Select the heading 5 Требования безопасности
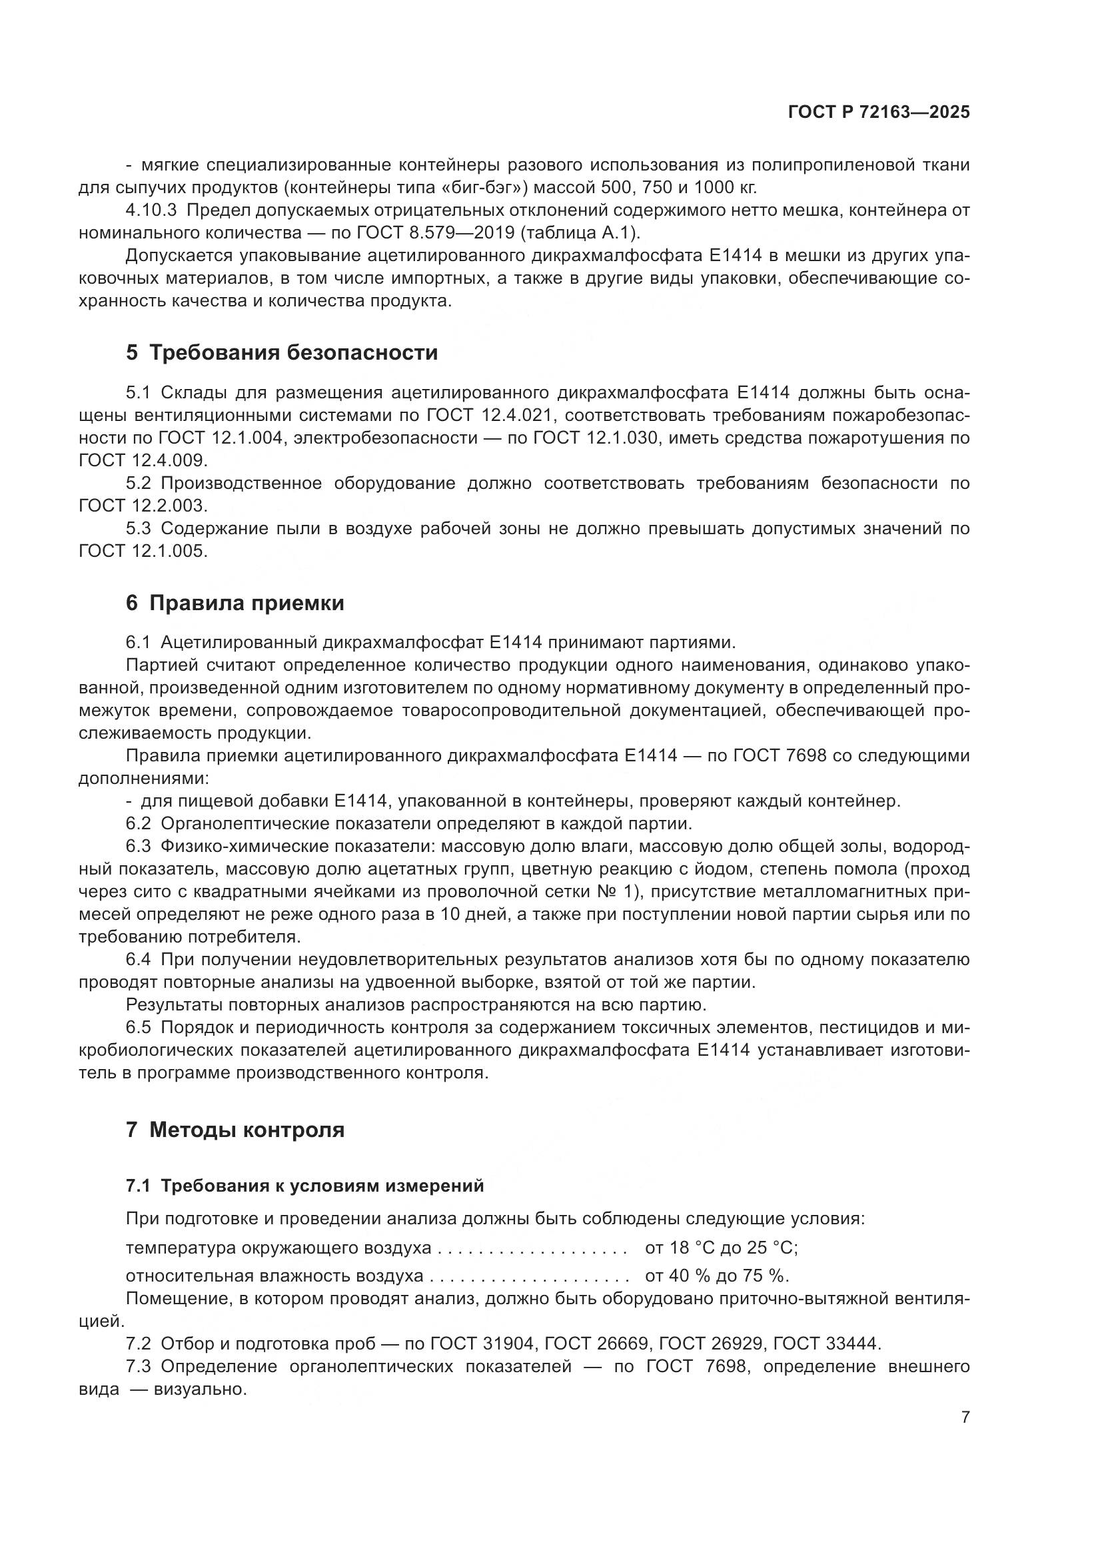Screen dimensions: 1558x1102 [282, 353]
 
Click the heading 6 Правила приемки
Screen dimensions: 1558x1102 [235, 603]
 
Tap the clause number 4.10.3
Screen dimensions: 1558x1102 [151, 210]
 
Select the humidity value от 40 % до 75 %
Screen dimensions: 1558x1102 [717, 1276]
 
